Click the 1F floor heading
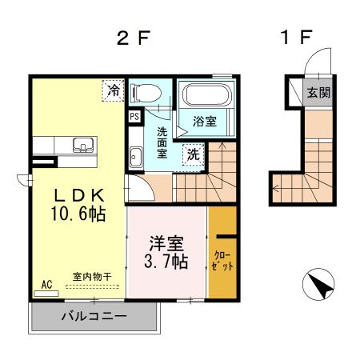coord(295,38)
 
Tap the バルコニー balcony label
coord(94,316)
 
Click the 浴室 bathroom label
coord(206,122)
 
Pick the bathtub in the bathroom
coord(206,98)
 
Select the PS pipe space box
coord(133,115)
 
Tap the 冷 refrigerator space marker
coord(114,91)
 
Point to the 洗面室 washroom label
coord(162,142)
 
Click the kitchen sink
coord(81,146)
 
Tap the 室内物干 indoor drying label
coord(92,277)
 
